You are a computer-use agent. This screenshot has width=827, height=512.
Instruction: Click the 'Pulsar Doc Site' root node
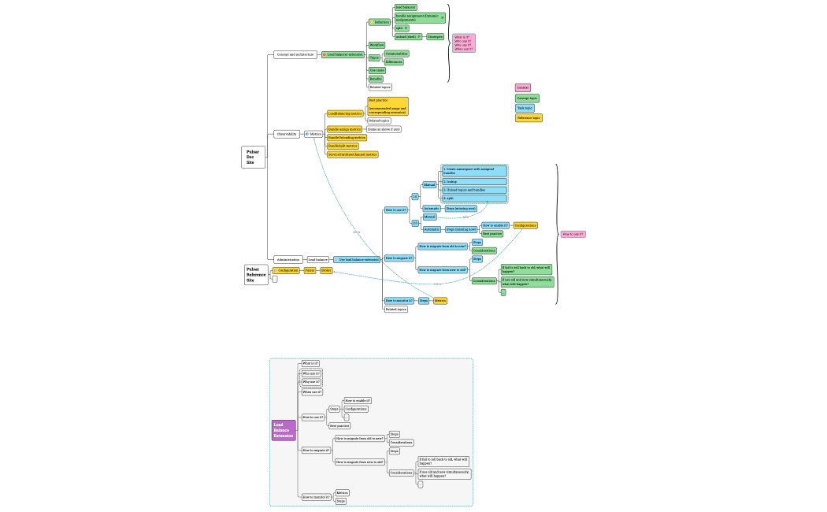253,157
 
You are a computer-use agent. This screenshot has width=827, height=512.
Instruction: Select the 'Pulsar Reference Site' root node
255,274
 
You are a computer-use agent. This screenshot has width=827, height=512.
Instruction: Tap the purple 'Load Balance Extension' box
284,430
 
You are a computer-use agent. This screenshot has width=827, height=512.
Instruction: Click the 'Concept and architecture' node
295,54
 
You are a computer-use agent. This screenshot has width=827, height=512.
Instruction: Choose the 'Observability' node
287,134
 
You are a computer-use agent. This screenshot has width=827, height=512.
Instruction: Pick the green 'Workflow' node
376,45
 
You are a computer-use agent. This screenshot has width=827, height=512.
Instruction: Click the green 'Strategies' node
435,36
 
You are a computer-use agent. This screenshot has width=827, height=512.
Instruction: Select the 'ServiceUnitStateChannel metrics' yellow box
352,154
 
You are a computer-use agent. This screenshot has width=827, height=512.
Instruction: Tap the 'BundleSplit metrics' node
343,146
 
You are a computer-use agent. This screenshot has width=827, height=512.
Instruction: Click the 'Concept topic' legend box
527,98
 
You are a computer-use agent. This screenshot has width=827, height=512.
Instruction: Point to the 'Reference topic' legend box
528,117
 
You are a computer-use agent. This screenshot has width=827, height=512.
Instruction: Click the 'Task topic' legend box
525,108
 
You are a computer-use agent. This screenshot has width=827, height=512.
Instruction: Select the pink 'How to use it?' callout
573,234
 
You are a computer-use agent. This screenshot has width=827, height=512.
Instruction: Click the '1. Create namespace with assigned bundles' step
473,170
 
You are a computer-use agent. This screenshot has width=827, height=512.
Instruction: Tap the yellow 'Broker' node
326,270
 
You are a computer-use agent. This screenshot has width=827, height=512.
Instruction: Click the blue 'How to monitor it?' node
398,300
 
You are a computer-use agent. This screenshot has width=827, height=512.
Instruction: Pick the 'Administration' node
288,259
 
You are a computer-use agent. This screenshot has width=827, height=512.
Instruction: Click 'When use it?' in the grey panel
312,391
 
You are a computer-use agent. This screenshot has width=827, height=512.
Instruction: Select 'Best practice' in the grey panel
339,425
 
